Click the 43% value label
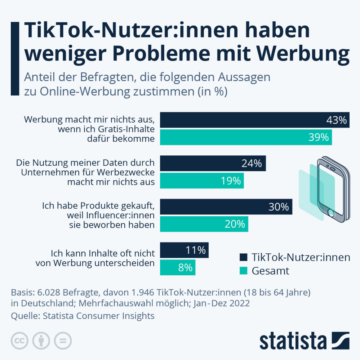pyautogui.click(x=336, y=120)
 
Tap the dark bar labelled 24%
pyautogui.click(x=213, y=163)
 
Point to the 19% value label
pyautogui.click(x=231, y=181)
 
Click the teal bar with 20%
pyautogui.click(x=204, y=224)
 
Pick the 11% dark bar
pyautogui.click(x=184, y=250)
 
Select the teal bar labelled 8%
pyautogui.click(x=177, y=267)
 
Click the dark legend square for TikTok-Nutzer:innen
pyautogui.click(x=243, y=257)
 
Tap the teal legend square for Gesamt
pyautogui.click(x=243, y=270)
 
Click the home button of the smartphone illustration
pyautogui.click(x=331, y=213)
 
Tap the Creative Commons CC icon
pyautogui.click(x=20, y=341)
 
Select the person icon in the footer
pyautogui.click(x=41, y=341)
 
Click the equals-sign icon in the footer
pyautogui.click(x=63, y=341)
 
